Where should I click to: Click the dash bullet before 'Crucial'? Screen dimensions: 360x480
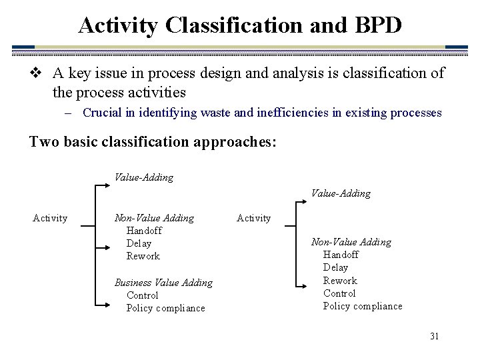point(69,113)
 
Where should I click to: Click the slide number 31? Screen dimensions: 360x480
point(434,336)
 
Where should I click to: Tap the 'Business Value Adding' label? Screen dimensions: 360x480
point(163,283)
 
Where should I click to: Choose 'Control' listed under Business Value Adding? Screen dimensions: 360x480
point(142,295)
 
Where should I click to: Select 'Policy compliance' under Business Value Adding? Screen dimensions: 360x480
point(165,308)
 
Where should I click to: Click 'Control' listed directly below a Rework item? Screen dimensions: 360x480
point(339,293)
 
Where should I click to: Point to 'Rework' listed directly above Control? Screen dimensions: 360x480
point(340,281)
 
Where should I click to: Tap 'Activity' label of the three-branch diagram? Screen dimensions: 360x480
point(50,218)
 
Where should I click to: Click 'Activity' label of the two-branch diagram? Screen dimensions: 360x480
point(254,218)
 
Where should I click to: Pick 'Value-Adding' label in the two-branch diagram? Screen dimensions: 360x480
point(341,193)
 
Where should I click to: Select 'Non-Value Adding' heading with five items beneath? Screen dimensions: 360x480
point(351,242)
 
